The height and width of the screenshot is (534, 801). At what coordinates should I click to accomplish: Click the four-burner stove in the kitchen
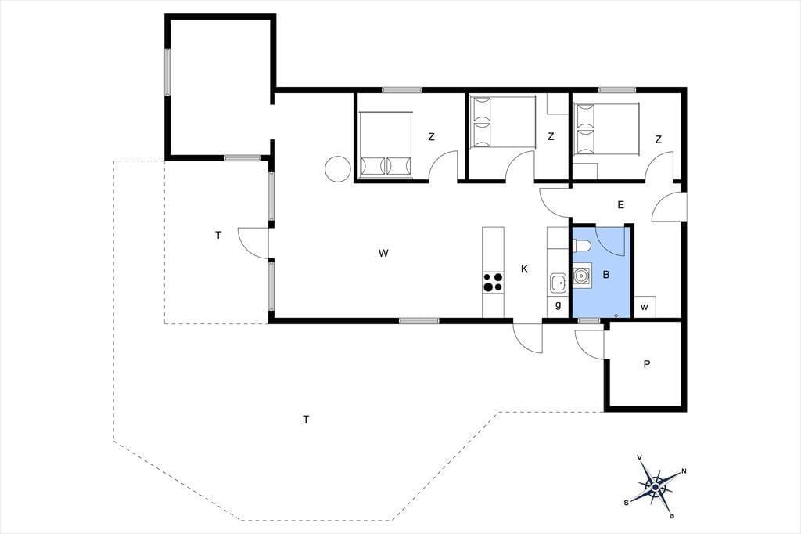(493, 283)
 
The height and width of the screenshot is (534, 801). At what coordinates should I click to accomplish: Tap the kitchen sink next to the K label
(558, 283)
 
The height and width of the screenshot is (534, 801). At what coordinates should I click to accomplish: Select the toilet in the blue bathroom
(581, 247)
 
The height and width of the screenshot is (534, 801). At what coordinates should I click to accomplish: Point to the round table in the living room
(337, 168)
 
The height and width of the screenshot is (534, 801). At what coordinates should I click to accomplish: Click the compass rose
(656, 486)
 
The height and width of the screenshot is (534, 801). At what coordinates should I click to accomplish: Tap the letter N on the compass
(684, 471)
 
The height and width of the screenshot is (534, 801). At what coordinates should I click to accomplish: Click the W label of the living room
(383, 253)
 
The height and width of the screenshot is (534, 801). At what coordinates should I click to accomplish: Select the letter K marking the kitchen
(524, 269)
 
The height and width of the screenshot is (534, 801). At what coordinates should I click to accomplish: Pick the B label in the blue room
(606, 275)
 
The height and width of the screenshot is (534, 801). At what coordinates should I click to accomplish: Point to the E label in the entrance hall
(620, 205)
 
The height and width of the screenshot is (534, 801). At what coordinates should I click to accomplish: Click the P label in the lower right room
(647, 364)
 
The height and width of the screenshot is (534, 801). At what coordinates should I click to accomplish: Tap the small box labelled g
(558, 306)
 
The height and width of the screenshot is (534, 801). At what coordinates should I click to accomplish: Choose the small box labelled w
(645, 307)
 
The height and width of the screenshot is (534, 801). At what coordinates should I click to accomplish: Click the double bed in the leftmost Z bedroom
(385, 145)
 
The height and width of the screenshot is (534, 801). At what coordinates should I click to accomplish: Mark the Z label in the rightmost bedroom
(659, 139)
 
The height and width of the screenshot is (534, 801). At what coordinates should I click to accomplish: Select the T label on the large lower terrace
(306, 420)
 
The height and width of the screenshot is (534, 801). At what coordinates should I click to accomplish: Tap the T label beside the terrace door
(219, 235)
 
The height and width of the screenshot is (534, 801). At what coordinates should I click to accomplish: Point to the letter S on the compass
(627, 502)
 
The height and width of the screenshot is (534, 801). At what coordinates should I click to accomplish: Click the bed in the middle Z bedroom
(503, 121)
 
